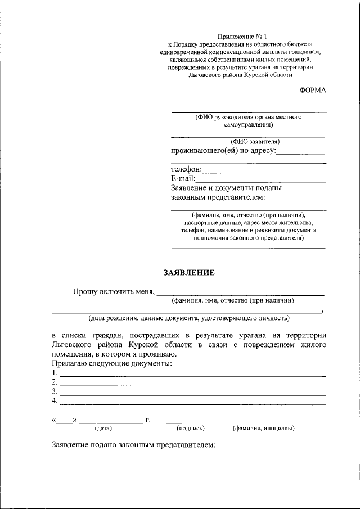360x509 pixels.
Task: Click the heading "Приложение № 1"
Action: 240,35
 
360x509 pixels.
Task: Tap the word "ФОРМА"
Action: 313,90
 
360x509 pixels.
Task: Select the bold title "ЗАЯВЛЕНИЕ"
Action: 189,273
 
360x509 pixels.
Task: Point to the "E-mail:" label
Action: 183,179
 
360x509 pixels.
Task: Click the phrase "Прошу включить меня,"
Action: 113,291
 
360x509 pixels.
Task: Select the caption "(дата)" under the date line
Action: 103,429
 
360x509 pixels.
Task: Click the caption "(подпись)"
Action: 190,429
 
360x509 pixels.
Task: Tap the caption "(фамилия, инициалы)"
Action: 263,429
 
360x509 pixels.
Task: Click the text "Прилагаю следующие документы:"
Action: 111,364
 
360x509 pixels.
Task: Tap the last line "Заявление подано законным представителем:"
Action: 133,445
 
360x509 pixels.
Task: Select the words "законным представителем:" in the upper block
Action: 218,197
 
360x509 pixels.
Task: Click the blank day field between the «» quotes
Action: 66,421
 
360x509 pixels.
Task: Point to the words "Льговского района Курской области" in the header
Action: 240,75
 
